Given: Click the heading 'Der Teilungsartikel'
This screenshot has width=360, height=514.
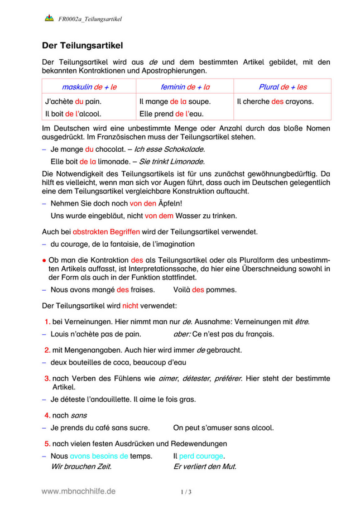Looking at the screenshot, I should (83, 45).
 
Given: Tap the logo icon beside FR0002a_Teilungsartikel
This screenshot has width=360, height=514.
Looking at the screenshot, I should (49, 19).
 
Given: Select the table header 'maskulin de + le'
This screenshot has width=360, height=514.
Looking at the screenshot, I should (89, 87).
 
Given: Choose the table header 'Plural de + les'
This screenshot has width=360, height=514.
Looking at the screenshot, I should (282, 87).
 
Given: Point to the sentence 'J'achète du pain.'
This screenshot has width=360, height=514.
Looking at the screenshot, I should (73, 102).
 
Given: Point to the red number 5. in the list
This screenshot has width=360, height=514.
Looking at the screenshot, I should (47, 444).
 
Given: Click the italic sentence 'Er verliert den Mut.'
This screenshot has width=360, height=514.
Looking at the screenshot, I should (204, 467).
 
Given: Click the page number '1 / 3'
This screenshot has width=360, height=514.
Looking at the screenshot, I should (186, 492).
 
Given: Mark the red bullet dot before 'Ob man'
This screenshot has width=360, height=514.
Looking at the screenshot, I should (44, 260).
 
